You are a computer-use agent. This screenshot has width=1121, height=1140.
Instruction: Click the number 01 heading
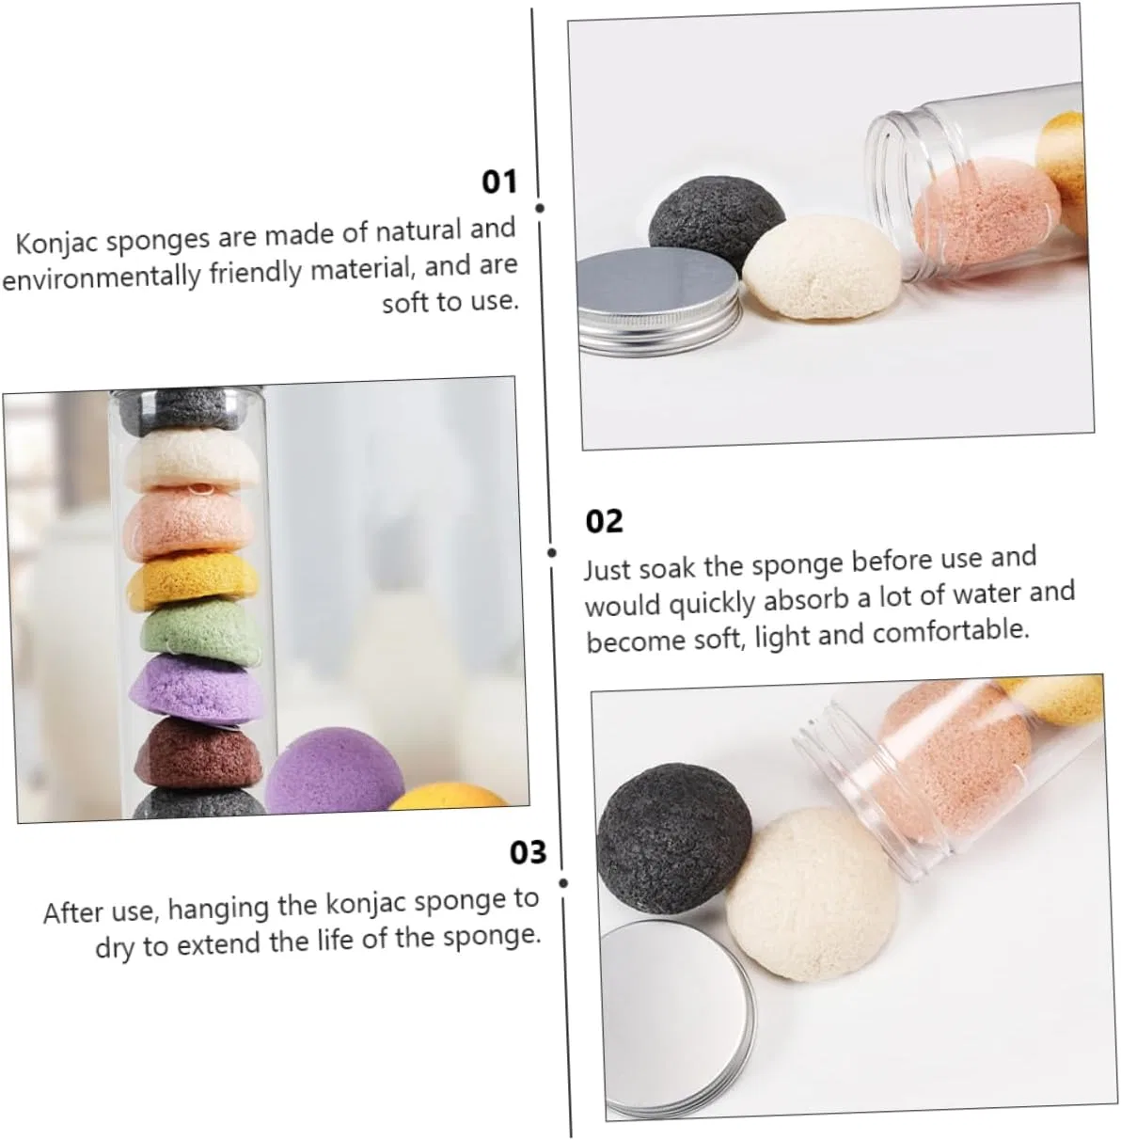[499, 181]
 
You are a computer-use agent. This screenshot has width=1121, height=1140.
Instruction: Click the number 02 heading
[604, 521]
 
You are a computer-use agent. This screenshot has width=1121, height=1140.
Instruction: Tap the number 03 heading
[529, 852]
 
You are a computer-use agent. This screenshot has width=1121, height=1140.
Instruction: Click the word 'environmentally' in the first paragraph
[102, 276]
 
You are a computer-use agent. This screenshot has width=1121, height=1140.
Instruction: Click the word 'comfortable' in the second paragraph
[951, 631]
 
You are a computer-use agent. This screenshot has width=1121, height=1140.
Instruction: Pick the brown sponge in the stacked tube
[198, 752]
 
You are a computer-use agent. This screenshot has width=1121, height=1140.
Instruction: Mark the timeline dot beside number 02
[552, 552]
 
